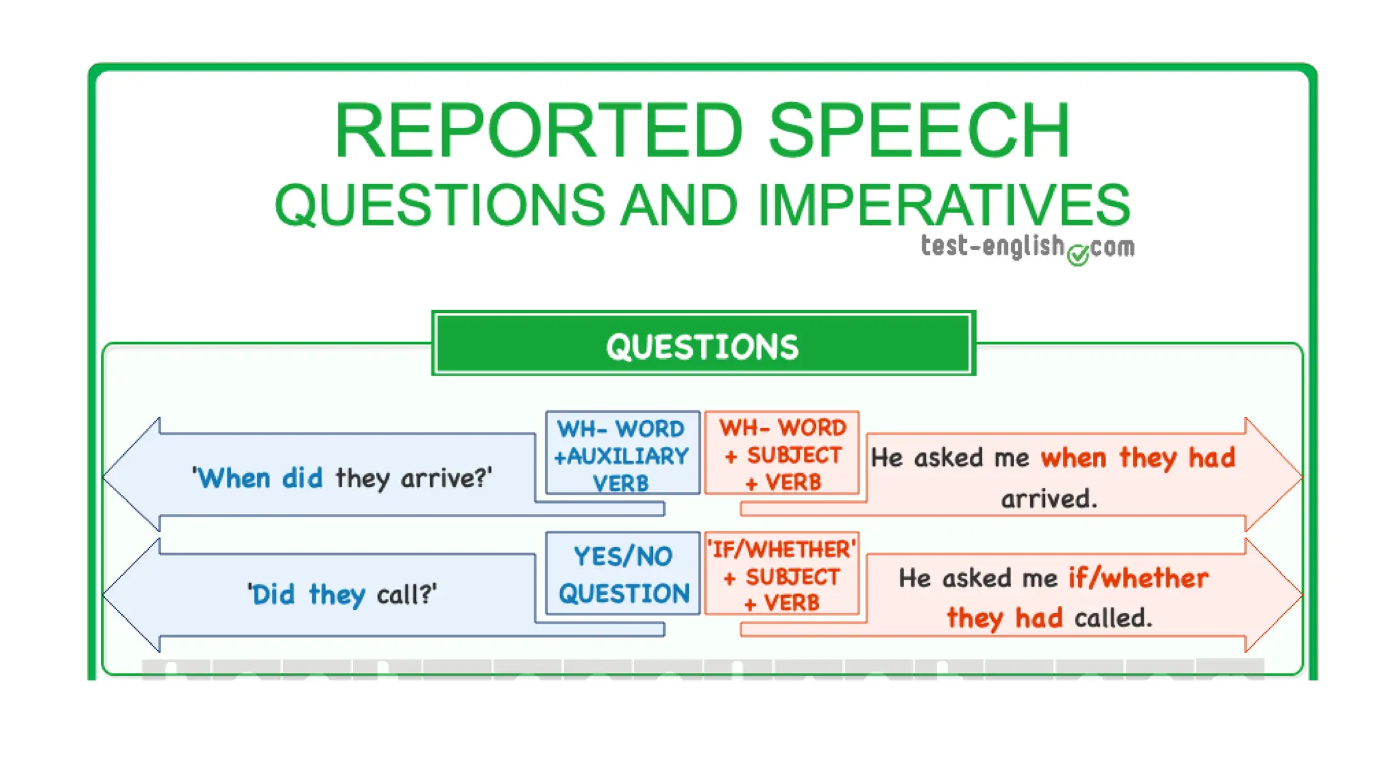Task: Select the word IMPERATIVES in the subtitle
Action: point(943,205)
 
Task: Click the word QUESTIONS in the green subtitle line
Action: point(440,205)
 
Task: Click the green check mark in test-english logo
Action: point(1078,255)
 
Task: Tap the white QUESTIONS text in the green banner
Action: point(702,347)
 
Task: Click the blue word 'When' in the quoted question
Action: point(234,478)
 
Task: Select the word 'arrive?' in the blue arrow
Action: point(446,478)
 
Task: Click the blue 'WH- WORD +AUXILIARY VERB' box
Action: point(622,453)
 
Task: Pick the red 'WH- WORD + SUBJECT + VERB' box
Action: point(782,453)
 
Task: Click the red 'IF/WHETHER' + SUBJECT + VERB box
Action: point(782,574)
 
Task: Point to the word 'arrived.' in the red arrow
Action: point(1048,499)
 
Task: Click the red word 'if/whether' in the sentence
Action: point(1138,578)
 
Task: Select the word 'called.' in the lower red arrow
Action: point(1113,617)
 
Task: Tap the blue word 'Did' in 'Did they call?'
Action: point(272,594)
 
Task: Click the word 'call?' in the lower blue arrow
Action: point(406,594)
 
